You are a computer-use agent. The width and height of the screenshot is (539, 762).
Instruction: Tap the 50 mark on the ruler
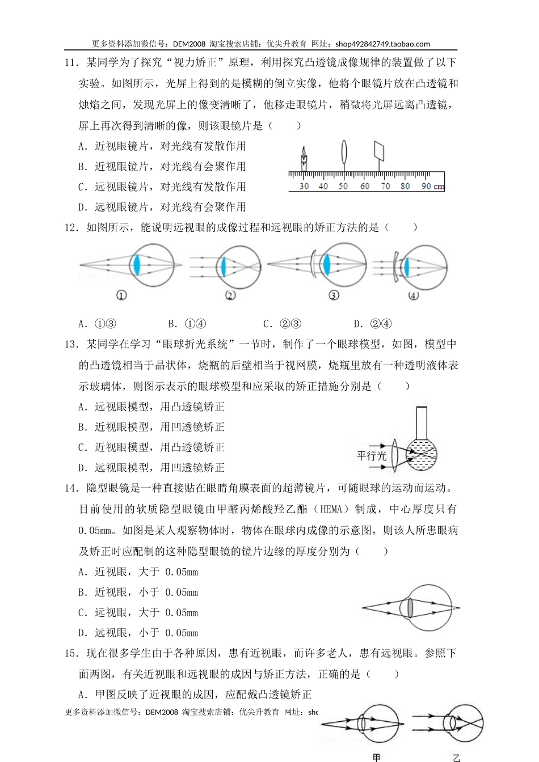tap(343, 186)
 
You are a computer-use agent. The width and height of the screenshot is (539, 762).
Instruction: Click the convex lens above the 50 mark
tap(344, 153)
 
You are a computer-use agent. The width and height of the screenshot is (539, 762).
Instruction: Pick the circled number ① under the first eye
tap(121, 295)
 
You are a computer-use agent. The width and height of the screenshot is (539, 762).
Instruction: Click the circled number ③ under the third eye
tap(334, 295)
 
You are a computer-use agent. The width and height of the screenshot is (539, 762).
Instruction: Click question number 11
tap(70, 63)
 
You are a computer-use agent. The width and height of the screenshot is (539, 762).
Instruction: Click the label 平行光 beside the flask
tap(371, 455)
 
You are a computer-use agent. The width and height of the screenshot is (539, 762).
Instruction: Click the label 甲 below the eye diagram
tap(376, 757)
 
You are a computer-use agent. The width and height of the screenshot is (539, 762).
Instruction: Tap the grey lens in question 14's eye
tap(410, 607)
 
